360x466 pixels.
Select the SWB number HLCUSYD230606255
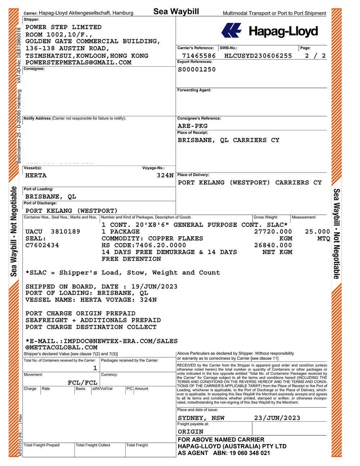point(258,56)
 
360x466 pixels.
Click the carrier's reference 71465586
point(199,56)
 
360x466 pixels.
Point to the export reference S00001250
point(197,70)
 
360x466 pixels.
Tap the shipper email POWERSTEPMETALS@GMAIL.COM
point(78,62)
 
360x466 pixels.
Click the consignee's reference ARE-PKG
point(193,126)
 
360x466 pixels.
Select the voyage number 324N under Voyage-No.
point(165,175)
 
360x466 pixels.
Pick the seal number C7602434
point(42,245)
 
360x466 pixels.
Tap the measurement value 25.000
point(317,232)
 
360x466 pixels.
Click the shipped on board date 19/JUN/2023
point(154,287)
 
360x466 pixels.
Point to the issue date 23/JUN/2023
point(277,418)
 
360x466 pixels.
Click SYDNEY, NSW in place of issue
point(201,418)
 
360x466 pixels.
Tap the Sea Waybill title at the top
point(176,12)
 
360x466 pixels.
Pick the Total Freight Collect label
point(93,445)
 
